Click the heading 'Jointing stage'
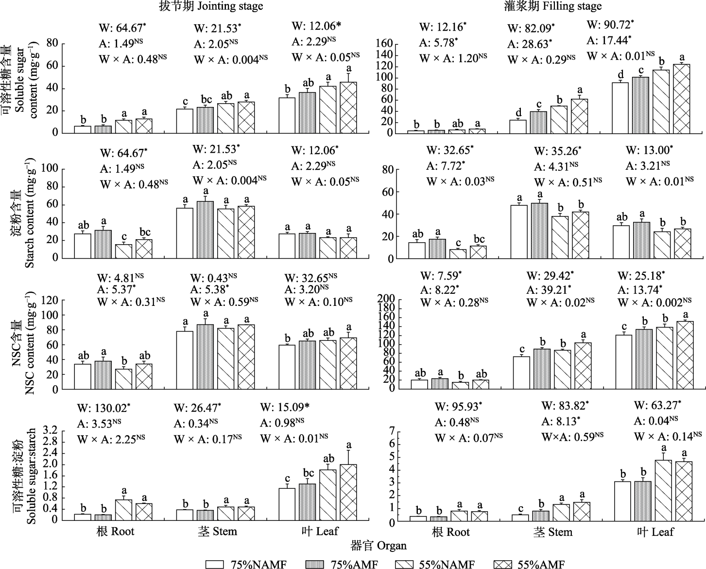[x=230, y=6]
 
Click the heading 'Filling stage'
[x=572, y=6]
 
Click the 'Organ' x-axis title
[x=392, y=546]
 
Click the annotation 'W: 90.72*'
[x=610, y=25]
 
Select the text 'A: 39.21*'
[x=549, y=289]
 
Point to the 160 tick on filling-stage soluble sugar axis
[x=385, y=44]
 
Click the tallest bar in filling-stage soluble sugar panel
[x=682, y=99]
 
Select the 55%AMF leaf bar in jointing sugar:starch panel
[x=348, y=492]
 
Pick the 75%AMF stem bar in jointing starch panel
[x=205, y=230]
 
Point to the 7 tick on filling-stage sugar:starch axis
[x=390, y=431]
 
